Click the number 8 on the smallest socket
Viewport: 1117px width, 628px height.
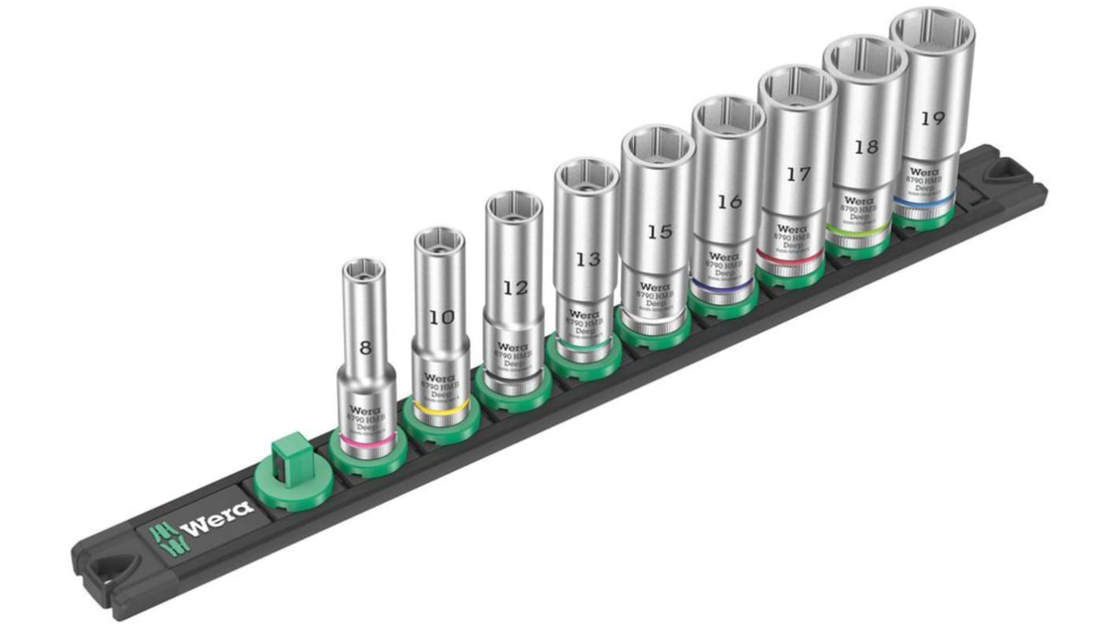tap(363, 347)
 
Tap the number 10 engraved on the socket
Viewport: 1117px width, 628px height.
tap(442, 317)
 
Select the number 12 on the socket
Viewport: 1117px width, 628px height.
tap(515, 288)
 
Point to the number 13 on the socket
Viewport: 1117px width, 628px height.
tap(588, 259)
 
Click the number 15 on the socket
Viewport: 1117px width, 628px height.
tap(659, 231)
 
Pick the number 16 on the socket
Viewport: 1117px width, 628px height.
tap(729, 202)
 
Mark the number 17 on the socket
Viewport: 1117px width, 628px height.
tap(798, 175)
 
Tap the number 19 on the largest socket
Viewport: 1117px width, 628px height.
tap(932, 119)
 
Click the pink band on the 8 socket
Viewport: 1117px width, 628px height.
tap(363, 445)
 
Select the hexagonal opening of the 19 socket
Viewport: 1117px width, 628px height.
tap(932, 33)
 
